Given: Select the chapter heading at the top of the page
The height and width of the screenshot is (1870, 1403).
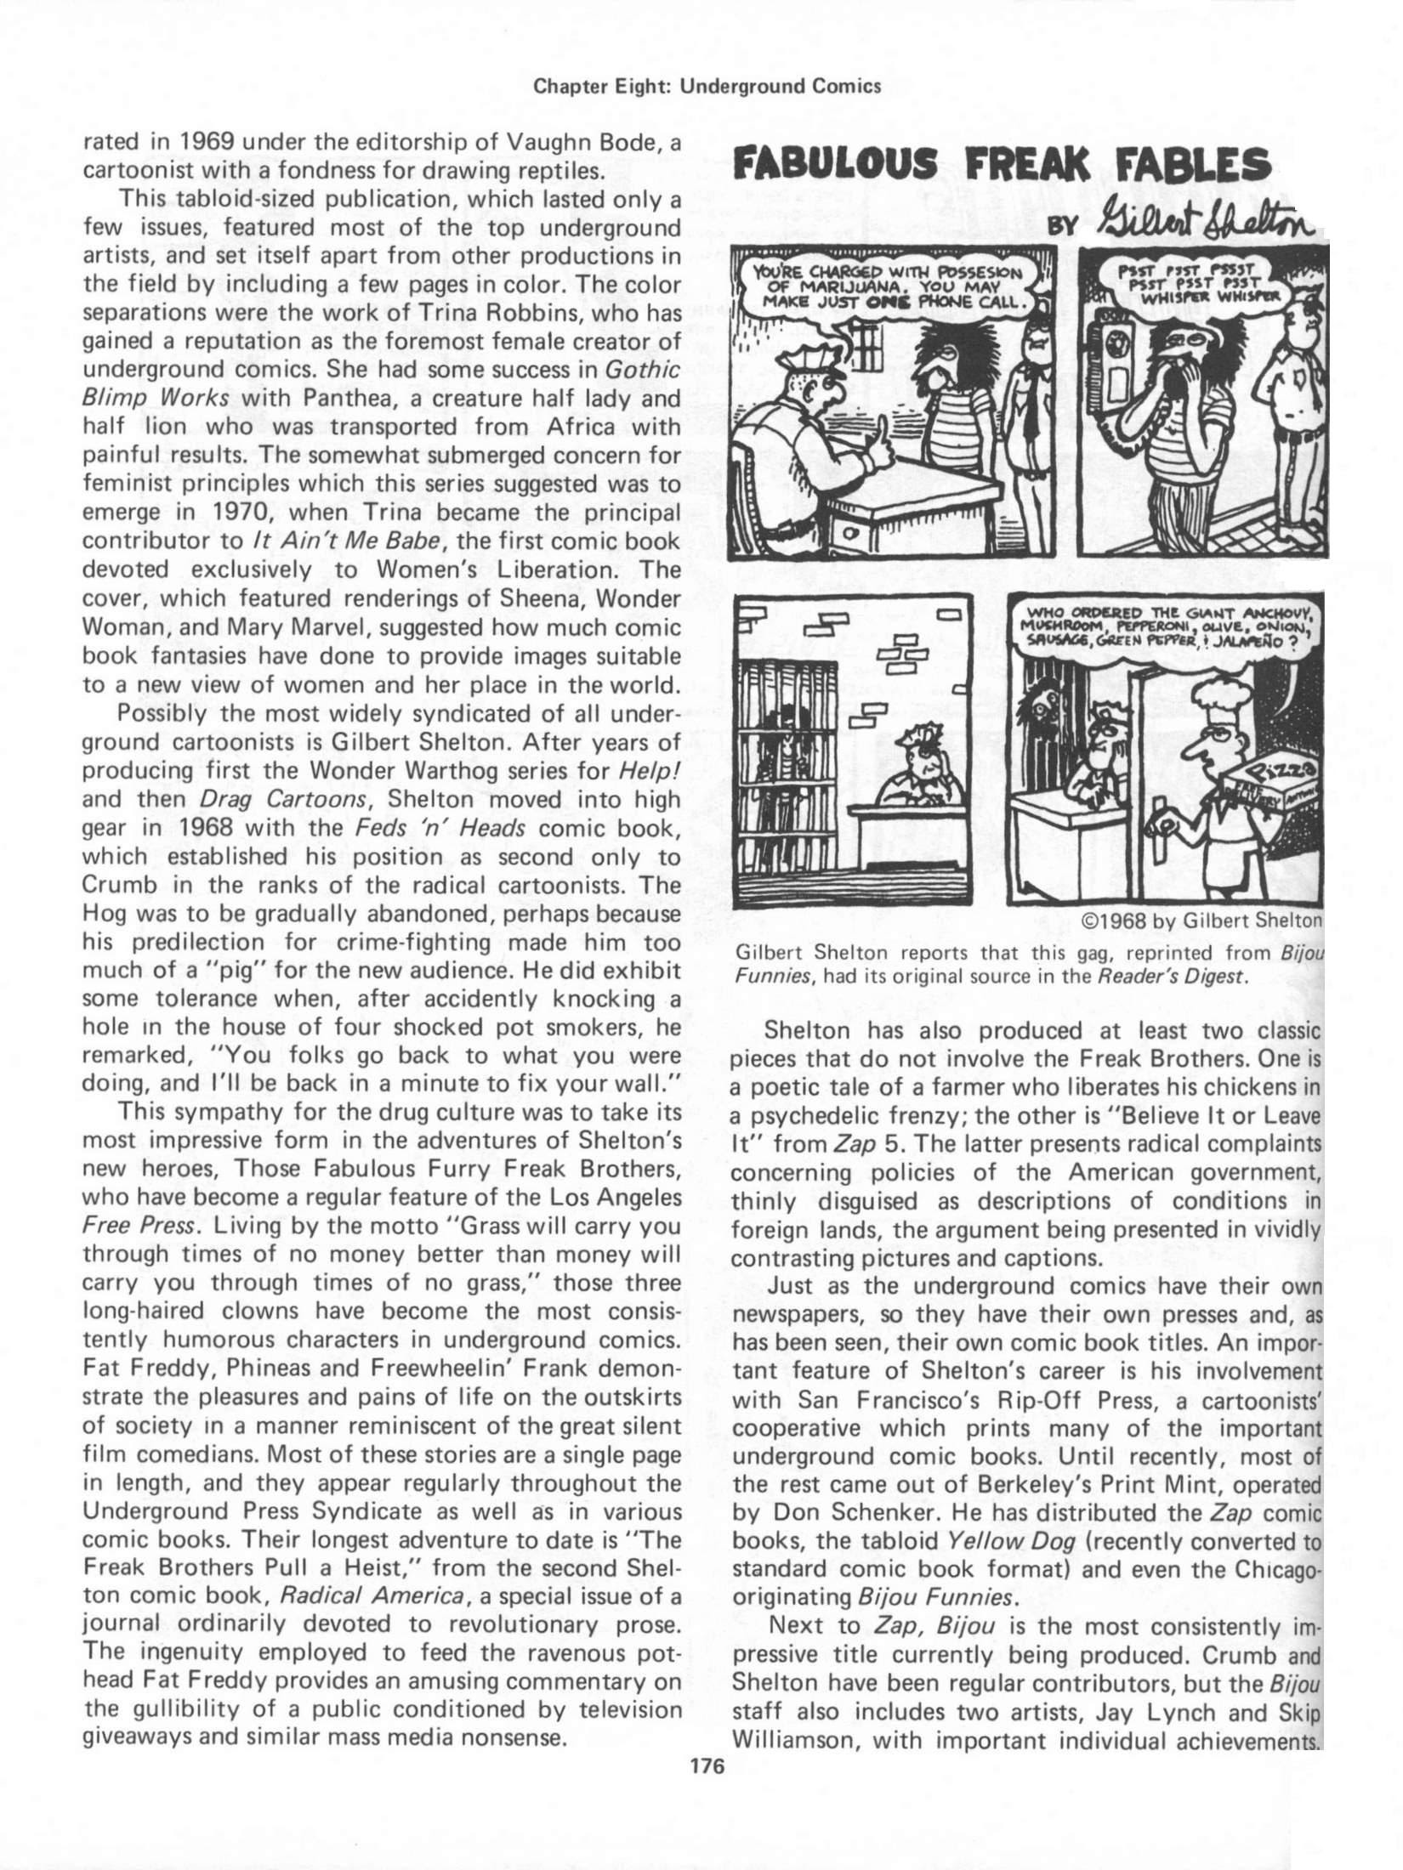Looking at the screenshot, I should [x=705, y=86].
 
